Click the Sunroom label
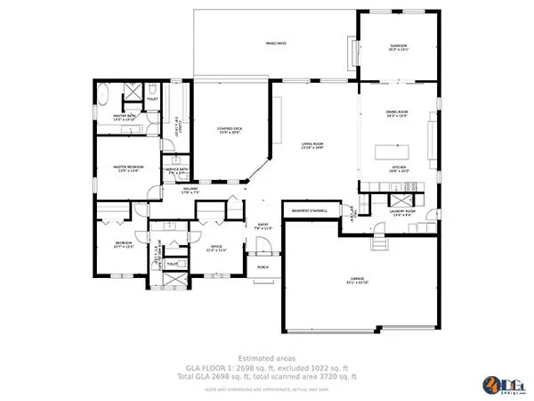397,47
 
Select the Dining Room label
397,113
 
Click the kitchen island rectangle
389,151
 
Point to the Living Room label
311,145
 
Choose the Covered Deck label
230,130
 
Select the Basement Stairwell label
305,211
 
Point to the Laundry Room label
404,213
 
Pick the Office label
216,249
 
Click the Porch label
263,266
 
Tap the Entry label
263,226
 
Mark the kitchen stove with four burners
411,186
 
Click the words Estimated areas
267,358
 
